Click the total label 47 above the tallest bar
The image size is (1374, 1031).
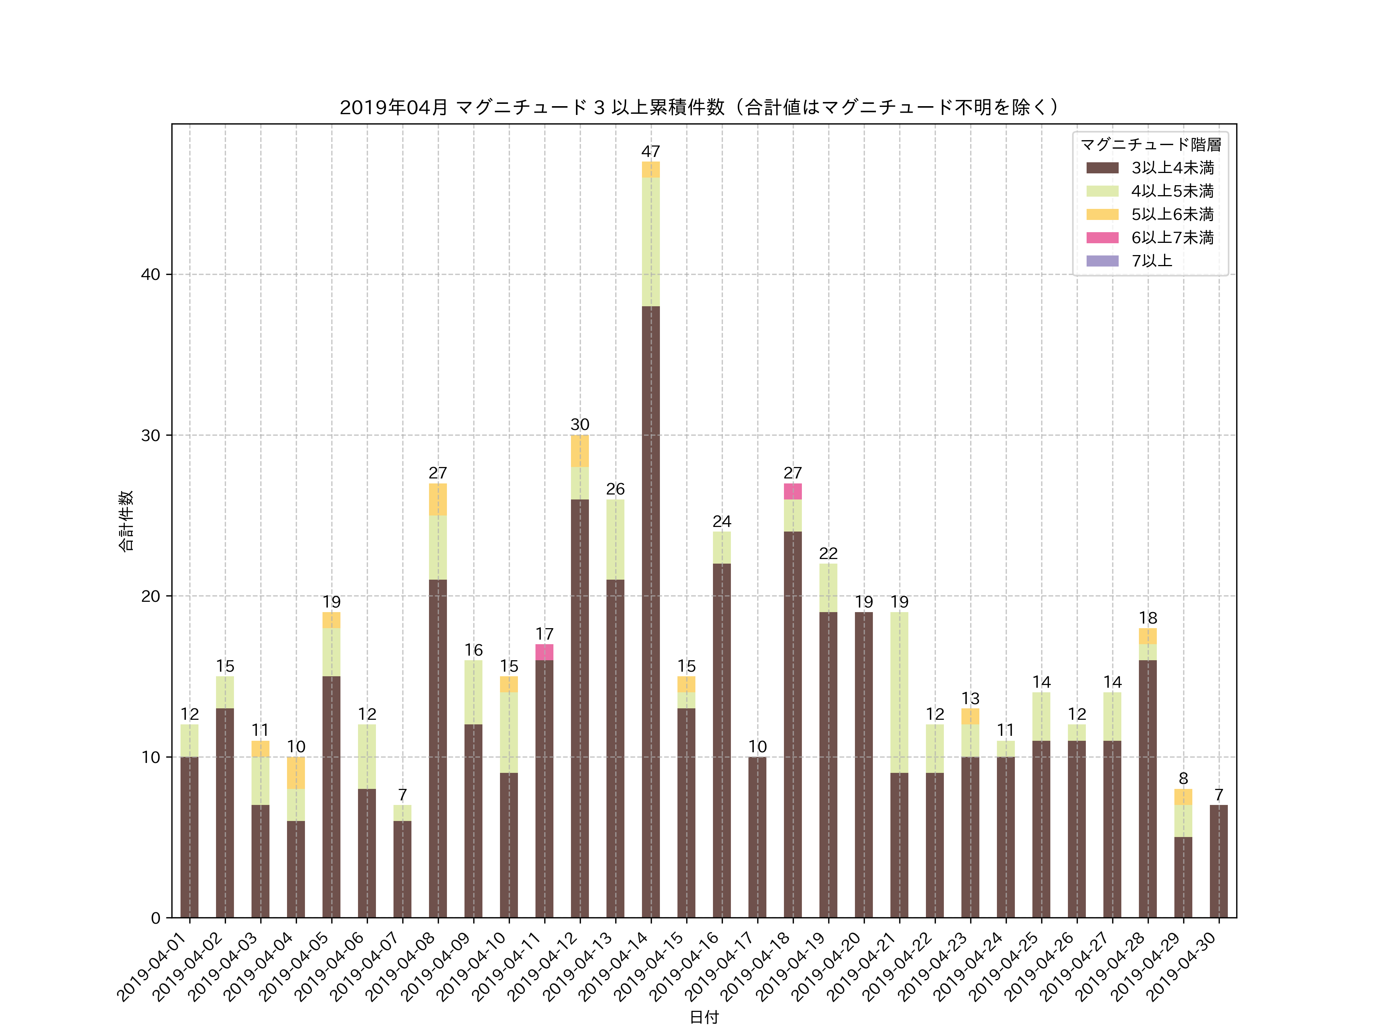[x=650, y=152]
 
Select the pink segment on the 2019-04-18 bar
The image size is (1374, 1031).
[x=793, y=491]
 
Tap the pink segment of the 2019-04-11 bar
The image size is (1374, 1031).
[x=544, y=652]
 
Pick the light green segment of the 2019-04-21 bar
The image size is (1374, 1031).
[x=899, y=692]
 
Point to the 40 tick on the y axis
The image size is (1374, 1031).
[x=151, y=275]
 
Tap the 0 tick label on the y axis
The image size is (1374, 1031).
[x=155, y=918]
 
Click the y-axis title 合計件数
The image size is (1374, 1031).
[x=126, y=521]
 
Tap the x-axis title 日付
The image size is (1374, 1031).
[x=704, y=1017]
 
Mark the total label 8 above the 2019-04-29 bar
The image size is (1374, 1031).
[x=1183, y=779]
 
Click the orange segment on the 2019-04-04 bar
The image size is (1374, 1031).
[x=296, y=772]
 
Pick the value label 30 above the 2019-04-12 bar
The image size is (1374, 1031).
[x=579, y=425]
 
